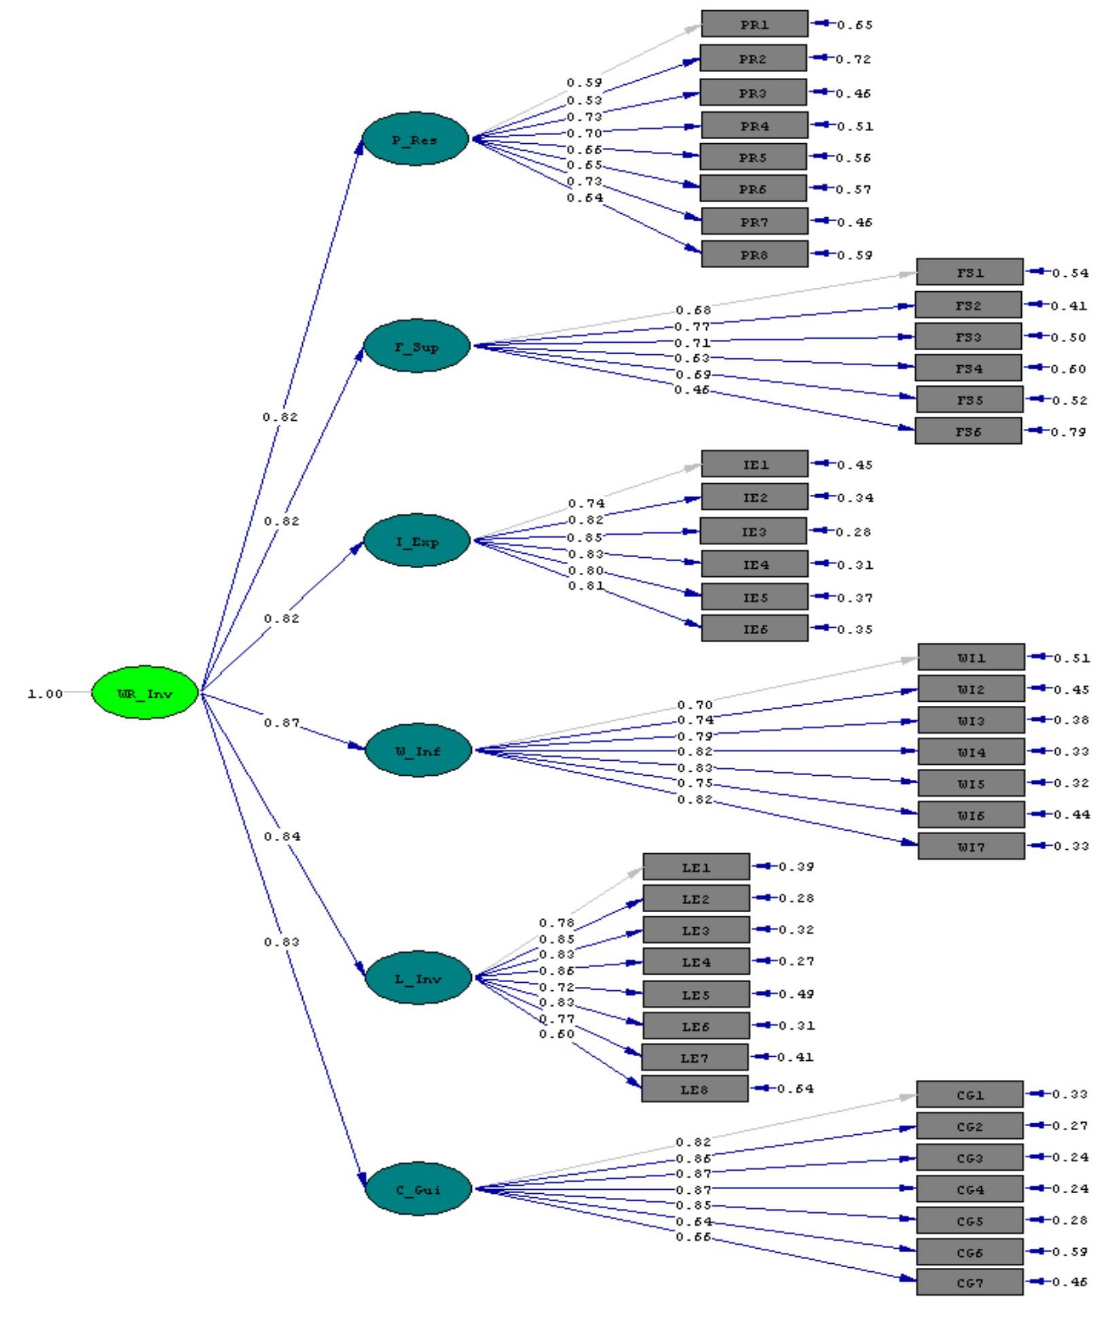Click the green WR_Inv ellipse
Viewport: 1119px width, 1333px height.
pos(145,693)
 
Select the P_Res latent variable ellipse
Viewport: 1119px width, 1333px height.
pos(415,139)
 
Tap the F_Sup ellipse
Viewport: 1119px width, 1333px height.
pos(417,346)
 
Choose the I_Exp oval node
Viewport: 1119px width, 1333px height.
pos(417,541)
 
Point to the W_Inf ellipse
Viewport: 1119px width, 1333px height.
pos(418,750)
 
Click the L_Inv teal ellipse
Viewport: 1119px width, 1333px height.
pos(418,978)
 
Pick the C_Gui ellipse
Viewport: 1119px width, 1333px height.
pos(418,1188)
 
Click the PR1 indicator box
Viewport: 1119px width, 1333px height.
pos(754,24)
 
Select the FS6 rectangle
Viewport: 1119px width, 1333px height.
pos(968,431)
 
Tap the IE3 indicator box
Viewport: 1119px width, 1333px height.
pos(753,531)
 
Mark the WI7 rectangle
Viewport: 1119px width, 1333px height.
pos(971,846)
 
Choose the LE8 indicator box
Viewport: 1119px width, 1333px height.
pos(695,1089)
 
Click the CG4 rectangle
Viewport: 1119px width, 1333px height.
pos(970,1188)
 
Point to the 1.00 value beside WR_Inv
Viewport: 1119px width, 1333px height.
pos(45,694)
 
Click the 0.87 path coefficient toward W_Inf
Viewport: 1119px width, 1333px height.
pos(281,723)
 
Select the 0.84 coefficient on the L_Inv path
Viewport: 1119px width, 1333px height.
pos(282,837)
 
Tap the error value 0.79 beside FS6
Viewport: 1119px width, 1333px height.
pos(1069,432)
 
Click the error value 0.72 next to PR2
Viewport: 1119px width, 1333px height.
pos(854,60)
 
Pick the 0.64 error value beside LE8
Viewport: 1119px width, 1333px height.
pos(795,1089)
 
